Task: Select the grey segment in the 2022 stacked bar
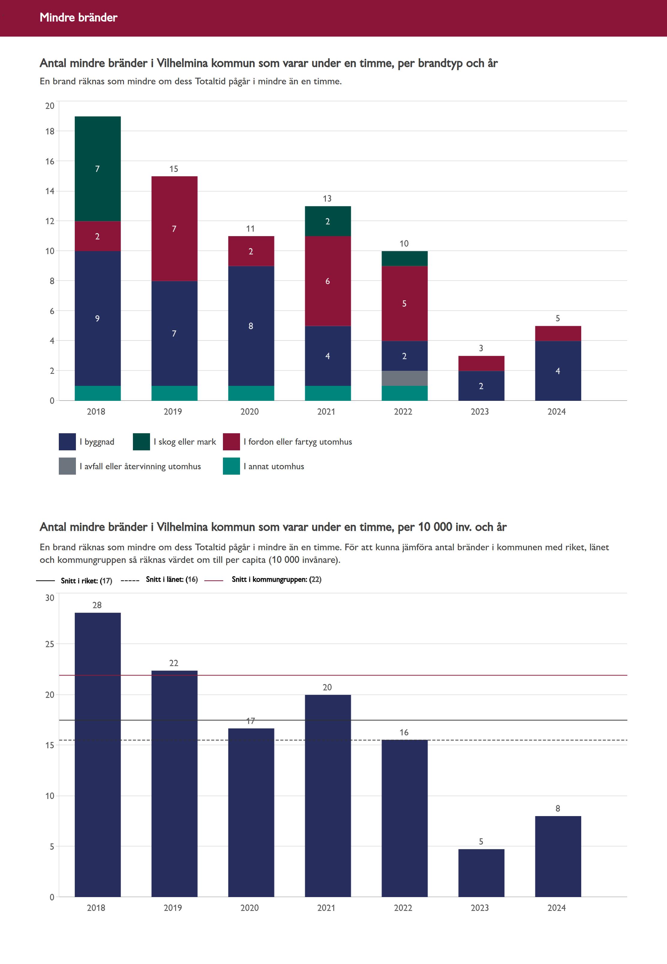coord(404,378)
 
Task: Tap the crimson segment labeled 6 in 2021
coord(328,281)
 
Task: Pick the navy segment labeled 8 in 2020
coord(251,326)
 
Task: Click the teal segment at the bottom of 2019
coord(174,393)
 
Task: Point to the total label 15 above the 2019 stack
coord(174,169)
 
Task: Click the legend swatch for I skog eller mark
coord(141,442)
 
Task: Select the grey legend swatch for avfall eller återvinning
coord(67,466)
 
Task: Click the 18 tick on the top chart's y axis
coord(50,131)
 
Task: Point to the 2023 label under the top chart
coord(480,412)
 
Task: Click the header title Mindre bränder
coord(79,17)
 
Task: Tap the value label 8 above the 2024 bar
coord(557,808)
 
